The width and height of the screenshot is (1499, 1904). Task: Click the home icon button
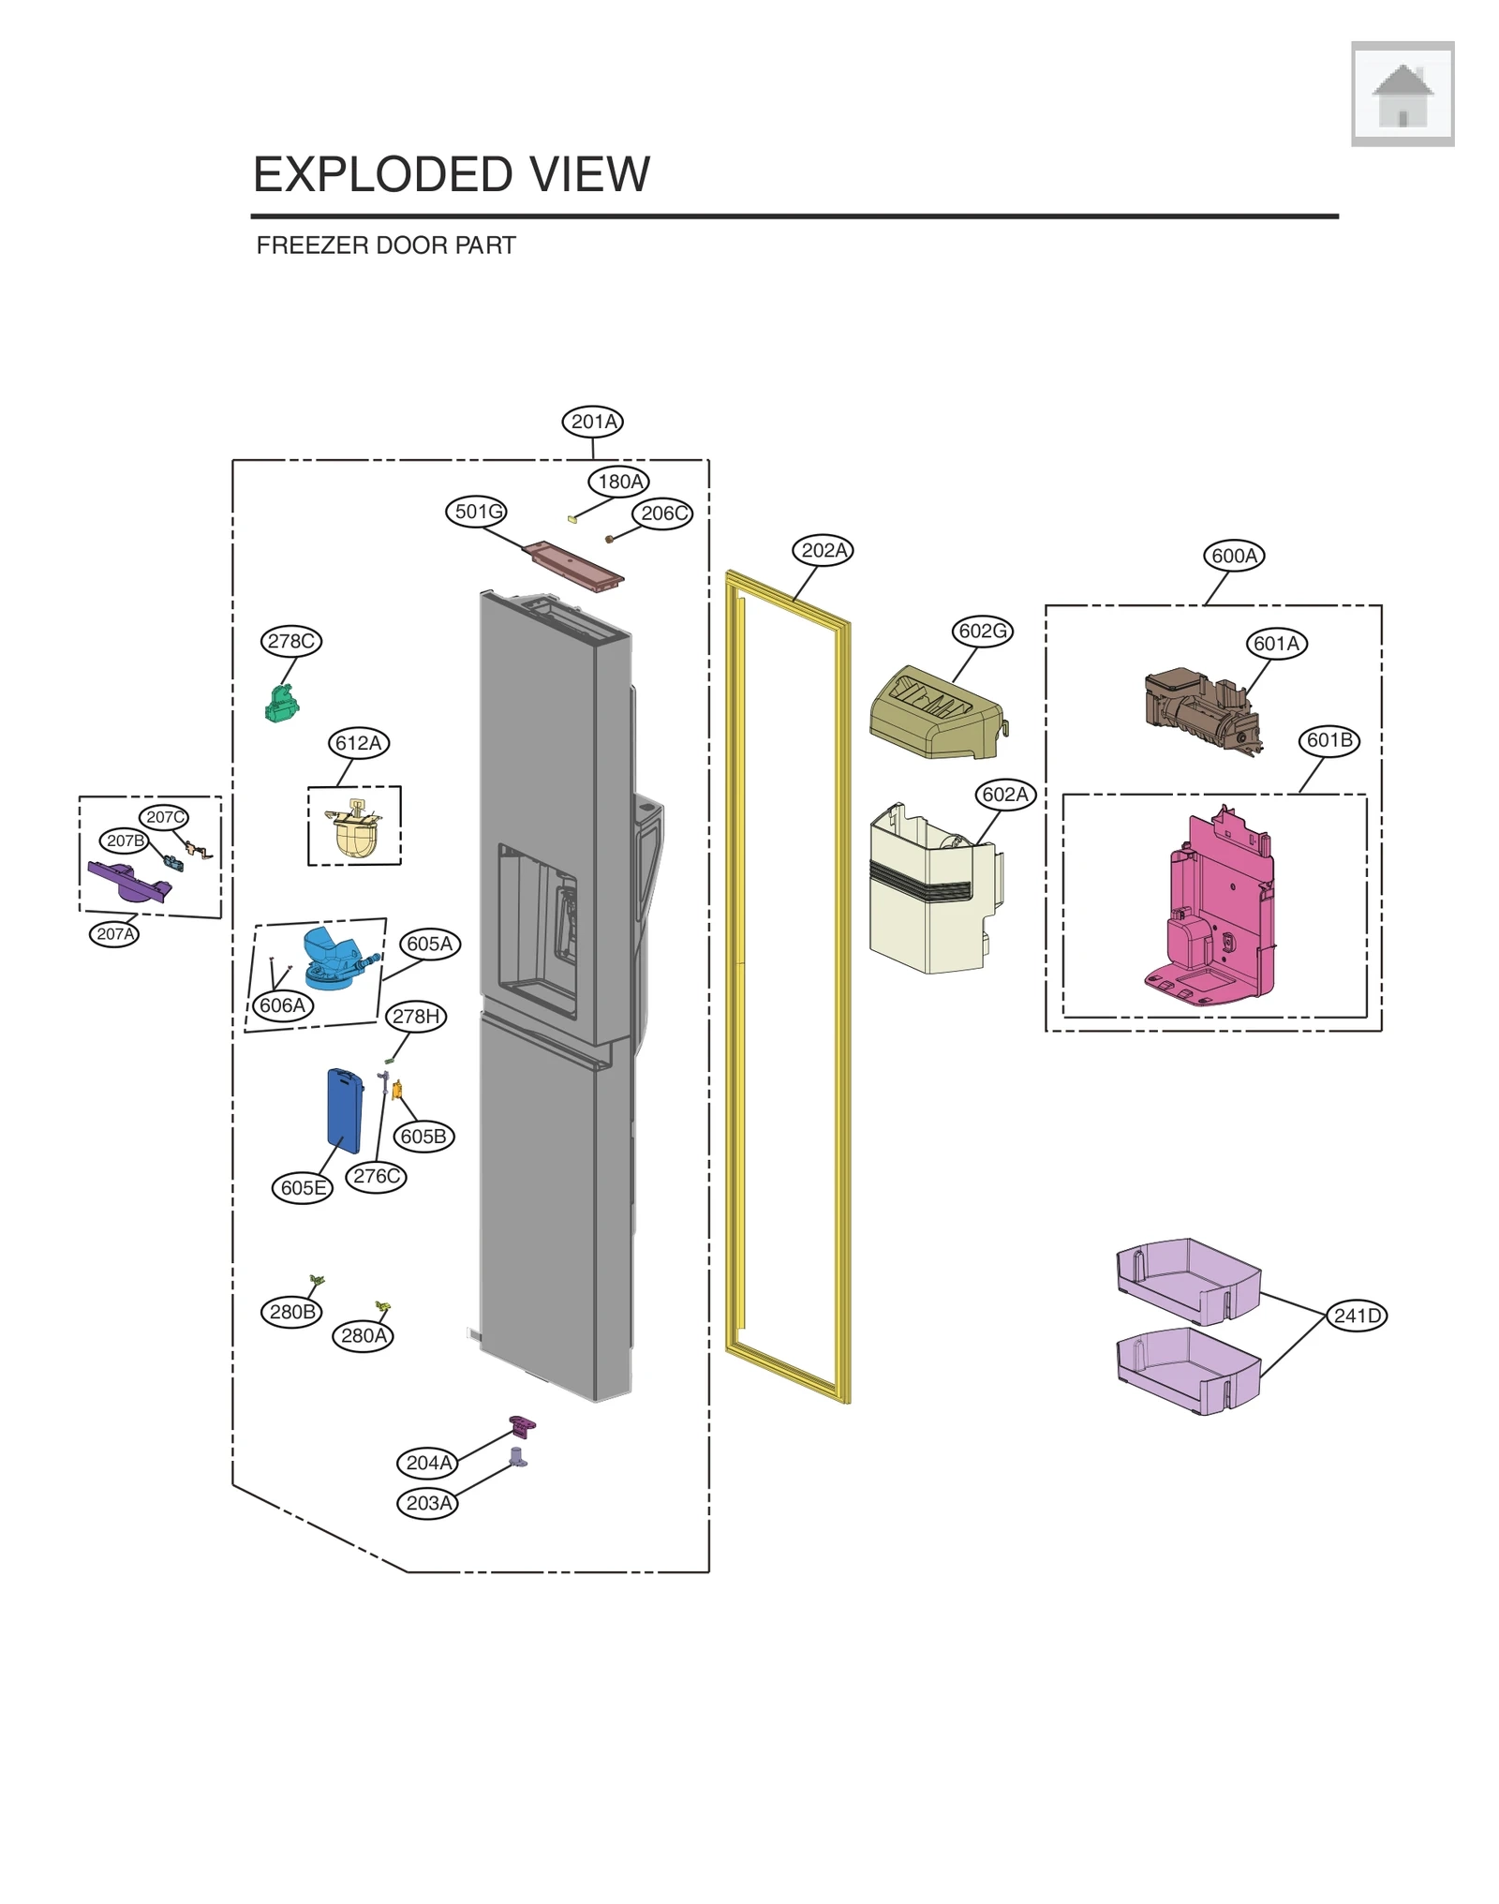coord(1402,95)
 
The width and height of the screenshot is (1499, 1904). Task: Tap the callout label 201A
coord(593,422)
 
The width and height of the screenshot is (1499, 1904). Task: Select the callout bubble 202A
coord(823,550)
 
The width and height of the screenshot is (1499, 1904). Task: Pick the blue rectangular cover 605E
coord(344,1111)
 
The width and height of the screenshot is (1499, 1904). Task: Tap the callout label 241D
coord(1357,1316)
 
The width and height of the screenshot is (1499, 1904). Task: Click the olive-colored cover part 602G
coord(936,713)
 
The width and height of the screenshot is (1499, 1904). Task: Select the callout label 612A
coord(359,743)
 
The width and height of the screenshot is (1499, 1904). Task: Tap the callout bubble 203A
coord(427,1503)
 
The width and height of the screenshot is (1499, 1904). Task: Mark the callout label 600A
coord(1233,556)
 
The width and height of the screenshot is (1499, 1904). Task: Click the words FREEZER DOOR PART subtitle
coord(386,245)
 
